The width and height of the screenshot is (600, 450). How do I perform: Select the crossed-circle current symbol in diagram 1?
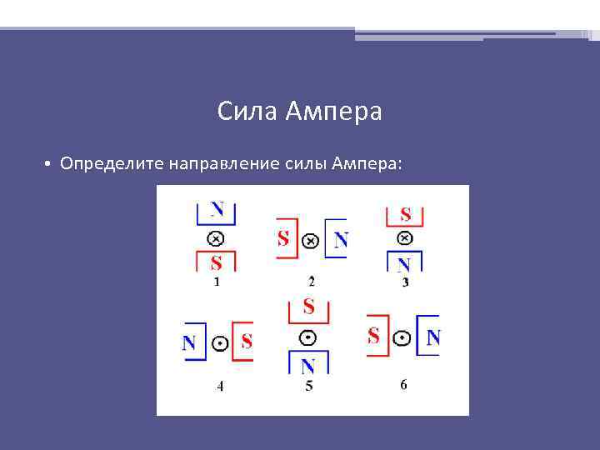[x=216, y=238]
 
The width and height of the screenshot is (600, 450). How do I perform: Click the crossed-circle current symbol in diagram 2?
[x=309, y=240]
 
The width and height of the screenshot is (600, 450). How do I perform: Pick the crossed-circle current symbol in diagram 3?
[x=404, y=237]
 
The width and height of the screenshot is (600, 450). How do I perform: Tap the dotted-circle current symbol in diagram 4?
[x=218, y=342]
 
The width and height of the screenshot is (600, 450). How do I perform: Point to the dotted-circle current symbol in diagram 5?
[x=308, y=337]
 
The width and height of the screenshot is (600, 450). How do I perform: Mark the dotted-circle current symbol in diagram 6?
[x=402, y=338]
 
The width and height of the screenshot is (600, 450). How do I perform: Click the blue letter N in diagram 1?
[x=217, y=208]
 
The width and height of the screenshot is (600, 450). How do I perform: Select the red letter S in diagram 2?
[x=283, y=239]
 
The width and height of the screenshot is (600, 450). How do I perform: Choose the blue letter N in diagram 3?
[x=404, y=265]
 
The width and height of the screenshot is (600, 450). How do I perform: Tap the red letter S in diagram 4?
[x=246, y=342]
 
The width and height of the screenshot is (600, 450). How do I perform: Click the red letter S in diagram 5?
[x=308, y=307]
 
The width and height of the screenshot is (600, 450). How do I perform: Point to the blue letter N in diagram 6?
[x=432, y=337]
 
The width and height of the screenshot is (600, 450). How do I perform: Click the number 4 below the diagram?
[x=220, y=386]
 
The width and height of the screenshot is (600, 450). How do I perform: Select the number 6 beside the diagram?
[x=403, y=384]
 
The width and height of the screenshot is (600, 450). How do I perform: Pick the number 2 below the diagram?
[x=311, y=281]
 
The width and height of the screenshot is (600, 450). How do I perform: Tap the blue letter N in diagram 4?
[x=189, y=342]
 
